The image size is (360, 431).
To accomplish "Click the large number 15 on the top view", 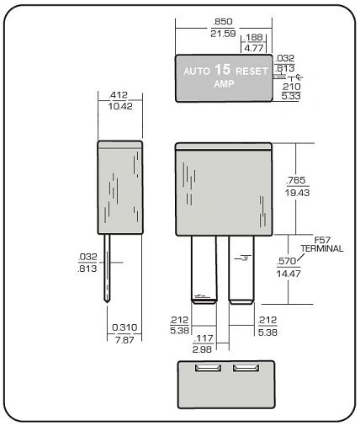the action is [223, 70].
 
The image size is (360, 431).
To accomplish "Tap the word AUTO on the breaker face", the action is [197, 72].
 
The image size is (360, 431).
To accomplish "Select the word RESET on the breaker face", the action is [251, 72].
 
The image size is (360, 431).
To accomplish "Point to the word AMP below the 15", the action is [224, 83].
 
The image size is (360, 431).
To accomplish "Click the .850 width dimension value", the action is [223, 22].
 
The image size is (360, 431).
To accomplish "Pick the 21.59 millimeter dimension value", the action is [223, 34].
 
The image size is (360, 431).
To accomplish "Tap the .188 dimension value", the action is [253, 37].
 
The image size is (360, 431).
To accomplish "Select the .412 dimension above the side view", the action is [119, 95].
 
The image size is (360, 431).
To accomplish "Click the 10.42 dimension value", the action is [120, 106].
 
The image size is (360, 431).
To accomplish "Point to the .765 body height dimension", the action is [296, 180].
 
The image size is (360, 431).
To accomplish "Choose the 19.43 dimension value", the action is [297, 193].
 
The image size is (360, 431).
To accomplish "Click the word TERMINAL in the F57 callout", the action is [322, 248].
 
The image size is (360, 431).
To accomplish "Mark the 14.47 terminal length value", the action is [289, 274].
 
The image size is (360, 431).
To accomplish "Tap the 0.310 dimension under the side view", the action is [124, 327].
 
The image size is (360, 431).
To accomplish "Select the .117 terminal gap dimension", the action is [204, 338].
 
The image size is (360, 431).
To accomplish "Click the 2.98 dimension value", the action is [202, 349].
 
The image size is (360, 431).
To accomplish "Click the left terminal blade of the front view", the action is [204, 269].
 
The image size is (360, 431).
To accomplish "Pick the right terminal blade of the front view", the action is [241, 269].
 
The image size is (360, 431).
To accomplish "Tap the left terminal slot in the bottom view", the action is [208, 368].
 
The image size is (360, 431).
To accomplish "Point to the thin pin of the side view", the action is [107, 268].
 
